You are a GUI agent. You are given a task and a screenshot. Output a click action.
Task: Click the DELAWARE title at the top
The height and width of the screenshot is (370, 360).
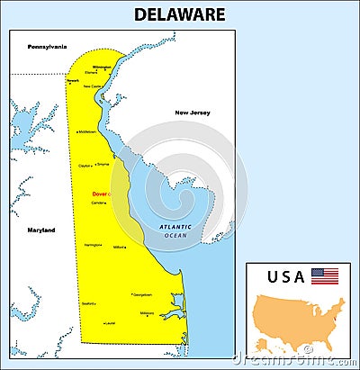(x=180, y=14)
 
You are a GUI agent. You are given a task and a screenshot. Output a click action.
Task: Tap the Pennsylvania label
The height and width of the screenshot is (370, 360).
(x=48, y=46)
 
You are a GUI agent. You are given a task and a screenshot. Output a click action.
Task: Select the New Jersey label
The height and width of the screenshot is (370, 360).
(x=193, y=113)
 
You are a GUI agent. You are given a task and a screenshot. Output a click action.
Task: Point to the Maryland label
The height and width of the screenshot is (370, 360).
(x=40, y=230)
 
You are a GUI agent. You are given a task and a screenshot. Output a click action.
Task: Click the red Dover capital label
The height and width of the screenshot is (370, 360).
(x=99, y=194)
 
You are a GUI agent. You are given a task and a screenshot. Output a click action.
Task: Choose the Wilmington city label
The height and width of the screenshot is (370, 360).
(x=101, y=67)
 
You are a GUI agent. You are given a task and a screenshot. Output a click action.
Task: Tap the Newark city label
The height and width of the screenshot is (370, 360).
(x=73, y=81)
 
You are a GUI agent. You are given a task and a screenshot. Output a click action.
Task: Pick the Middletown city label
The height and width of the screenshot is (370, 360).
(x=87, y=131)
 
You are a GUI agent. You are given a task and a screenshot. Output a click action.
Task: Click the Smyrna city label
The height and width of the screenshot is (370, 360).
(x=103, y=165)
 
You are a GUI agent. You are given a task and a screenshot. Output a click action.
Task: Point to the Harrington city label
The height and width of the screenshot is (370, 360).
(x=93, y=245)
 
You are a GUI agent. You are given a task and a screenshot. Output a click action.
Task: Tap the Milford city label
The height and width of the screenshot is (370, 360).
(x=119, y=247)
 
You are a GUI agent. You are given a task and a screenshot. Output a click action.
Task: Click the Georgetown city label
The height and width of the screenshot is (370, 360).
(x=142, y=294)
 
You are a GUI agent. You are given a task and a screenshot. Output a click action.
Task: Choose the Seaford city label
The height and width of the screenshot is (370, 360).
(x=88, y=303)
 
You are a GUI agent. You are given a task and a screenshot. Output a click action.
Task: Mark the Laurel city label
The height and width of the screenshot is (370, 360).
(x=110, y=322)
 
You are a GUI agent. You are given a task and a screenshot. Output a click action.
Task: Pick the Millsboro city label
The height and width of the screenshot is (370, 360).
(x=147, y=313)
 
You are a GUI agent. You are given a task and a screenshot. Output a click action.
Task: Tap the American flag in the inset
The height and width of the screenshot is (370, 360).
(x=325, y=275)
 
